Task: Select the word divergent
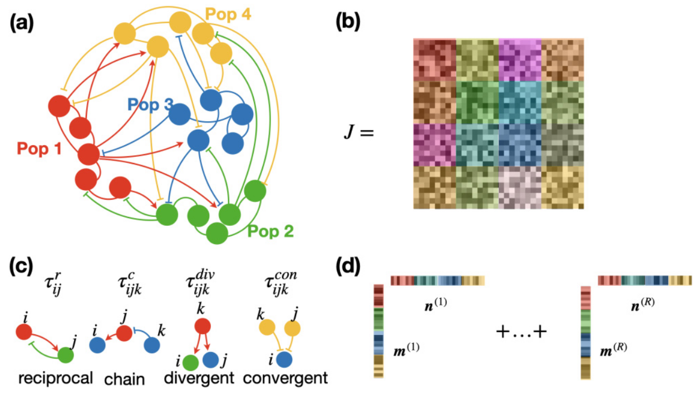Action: pos(199,378)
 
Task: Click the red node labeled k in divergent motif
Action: pos(203,326)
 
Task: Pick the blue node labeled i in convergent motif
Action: pos(283,361)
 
